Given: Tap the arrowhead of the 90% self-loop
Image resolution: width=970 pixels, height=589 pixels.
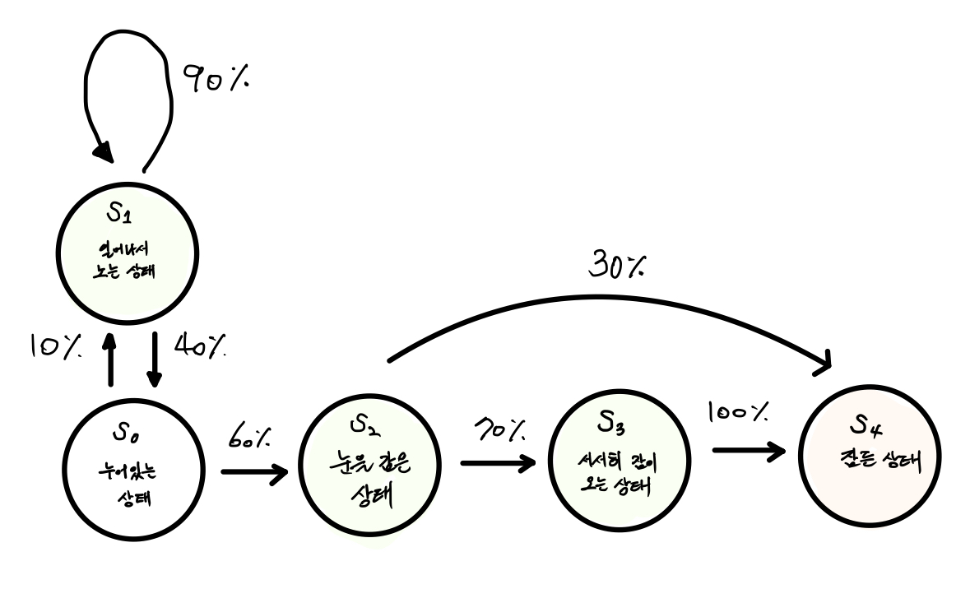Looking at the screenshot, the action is pyautogui.click(x=102, y=152).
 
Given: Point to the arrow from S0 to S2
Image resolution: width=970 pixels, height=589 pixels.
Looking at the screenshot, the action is pyautogui.click(x=253, y=473).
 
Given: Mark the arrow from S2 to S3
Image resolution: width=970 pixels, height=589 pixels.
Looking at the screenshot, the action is pyautogui.click(x=497, y=463).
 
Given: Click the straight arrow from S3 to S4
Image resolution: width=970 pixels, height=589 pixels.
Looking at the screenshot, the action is pyautogui.click(x=747, y=451).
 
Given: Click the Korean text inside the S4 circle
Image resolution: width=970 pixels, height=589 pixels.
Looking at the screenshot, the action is pyautogui.click(x=874, y=459).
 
